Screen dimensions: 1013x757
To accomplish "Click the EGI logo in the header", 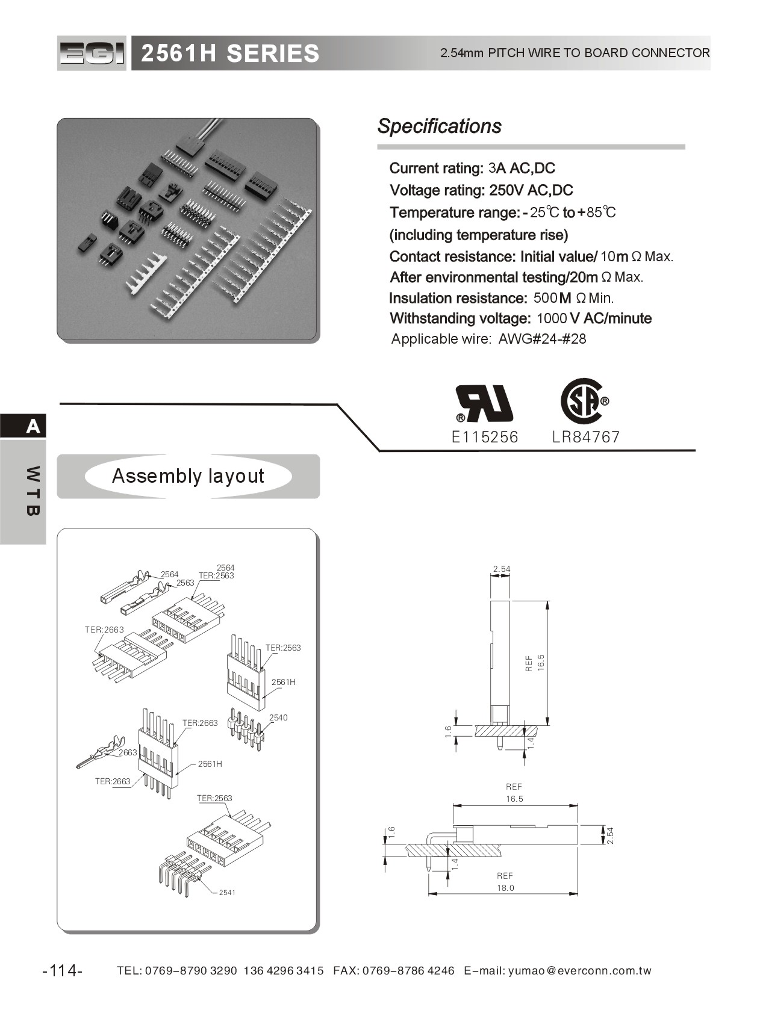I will pyautogui.click(x=92, y=54).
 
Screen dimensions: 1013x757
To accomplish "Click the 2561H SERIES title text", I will pyautogui.click(x=229, y=54).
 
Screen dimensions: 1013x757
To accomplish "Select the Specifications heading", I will pyautogui.click(x=439, y=126).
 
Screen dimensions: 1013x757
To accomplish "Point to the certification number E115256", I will pyautogui.click(x=484, y=437).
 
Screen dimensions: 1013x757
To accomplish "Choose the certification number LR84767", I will pyautogui.click(x=585, y=437).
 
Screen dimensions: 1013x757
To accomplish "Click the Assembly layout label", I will pyautogui.click(x=188, y=476).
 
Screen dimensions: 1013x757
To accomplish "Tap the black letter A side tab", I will pyautogui.click(x=33, y=427).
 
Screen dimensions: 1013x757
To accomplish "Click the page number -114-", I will pyautogui.click(x=63, y=971).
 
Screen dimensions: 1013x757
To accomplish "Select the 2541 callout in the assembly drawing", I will pyautogui.click(x=227, y=892).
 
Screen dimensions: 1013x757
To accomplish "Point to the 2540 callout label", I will pyautogui.click(x=278, y=717).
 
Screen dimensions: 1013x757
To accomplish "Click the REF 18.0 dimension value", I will pyautogui.click(x=505, y=888).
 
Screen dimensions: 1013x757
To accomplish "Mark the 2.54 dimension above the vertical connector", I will pyautogui.click(x=501, y=569).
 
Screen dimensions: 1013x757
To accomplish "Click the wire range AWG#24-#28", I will pyautogui.click(x=542, y=339).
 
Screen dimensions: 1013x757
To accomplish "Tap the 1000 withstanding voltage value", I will pyautogui.click(x=552, y=318).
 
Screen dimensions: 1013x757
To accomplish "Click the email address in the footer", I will pyautogui.click(x=580, y=971).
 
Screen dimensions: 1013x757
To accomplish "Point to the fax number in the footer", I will pyautogui.click(x=408, y=971).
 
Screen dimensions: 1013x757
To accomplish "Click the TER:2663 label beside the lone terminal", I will pyautogui.click(x=113, y=781).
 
